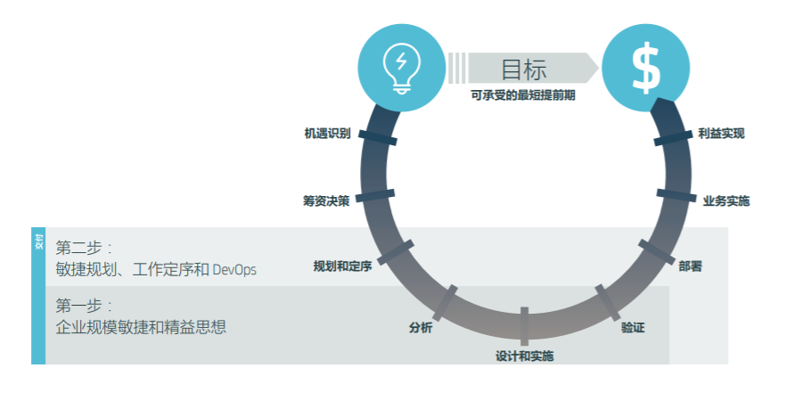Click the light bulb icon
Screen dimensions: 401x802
tap(400, 66)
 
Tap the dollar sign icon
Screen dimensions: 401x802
tap(646, 68)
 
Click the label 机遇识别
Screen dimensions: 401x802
tap(326, 134)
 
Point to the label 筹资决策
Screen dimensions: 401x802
tap(325, 200)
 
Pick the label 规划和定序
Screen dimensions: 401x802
tap(342, 266)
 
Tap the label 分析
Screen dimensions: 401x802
tap(421, 327)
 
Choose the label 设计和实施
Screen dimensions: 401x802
tap(524, 356)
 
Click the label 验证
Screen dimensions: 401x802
tap(633, 327)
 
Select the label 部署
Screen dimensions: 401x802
tap(691, 266)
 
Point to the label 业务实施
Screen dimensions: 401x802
tap(725, 200)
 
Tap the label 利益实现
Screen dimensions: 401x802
tap(721, 134)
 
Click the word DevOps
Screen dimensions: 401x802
tap(233, 269)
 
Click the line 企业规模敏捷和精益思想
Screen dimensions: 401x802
tap(140, 327)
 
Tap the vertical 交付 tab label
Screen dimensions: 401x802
tap(38, 241)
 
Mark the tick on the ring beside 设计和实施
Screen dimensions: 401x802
tap(524, 325)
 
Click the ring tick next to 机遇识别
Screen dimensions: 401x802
tap(379, 139)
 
